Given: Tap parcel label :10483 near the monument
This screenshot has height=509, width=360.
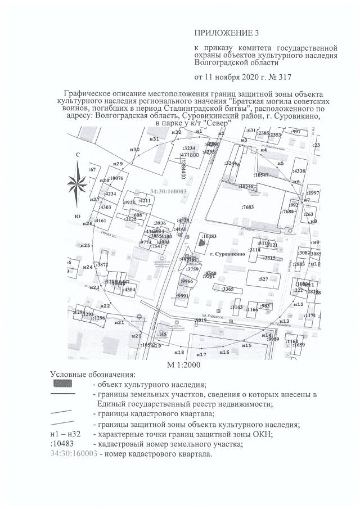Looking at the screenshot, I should click(x=209, y=236).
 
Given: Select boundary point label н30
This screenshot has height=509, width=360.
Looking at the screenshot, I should click(x=134, y=150).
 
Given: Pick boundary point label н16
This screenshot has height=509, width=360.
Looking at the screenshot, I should click(x=224, y=352).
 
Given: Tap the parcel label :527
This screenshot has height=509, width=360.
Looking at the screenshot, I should click(x=263, y=279).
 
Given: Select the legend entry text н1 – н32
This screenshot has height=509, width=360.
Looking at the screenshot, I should click(x=65, y=434).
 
